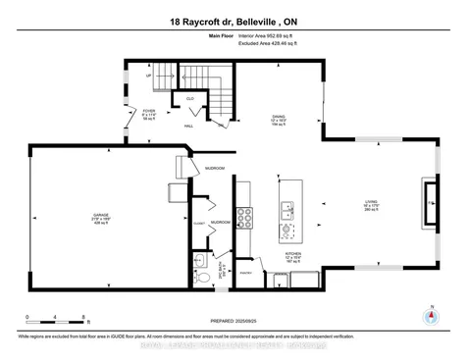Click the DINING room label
point(278,118)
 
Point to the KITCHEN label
point(292,253)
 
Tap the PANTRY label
point(246,272)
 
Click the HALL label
point(189,126)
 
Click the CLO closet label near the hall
point(190,100)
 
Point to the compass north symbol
point(428,317)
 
